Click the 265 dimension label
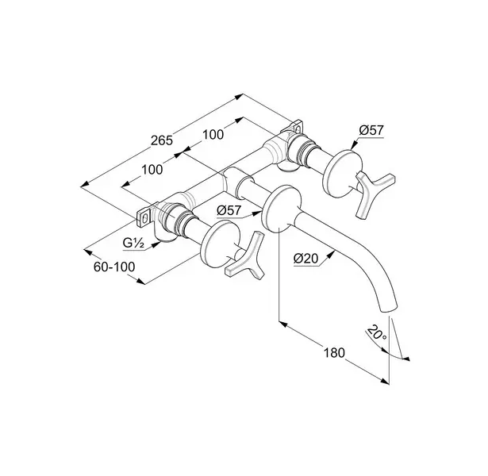162,140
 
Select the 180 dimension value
334,353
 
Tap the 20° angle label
376,332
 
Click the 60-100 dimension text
114,267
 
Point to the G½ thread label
133,243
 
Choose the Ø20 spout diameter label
305,258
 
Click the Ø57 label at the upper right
371,130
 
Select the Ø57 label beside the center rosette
229,210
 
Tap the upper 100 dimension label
213,134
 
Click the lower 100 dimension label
152,170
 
